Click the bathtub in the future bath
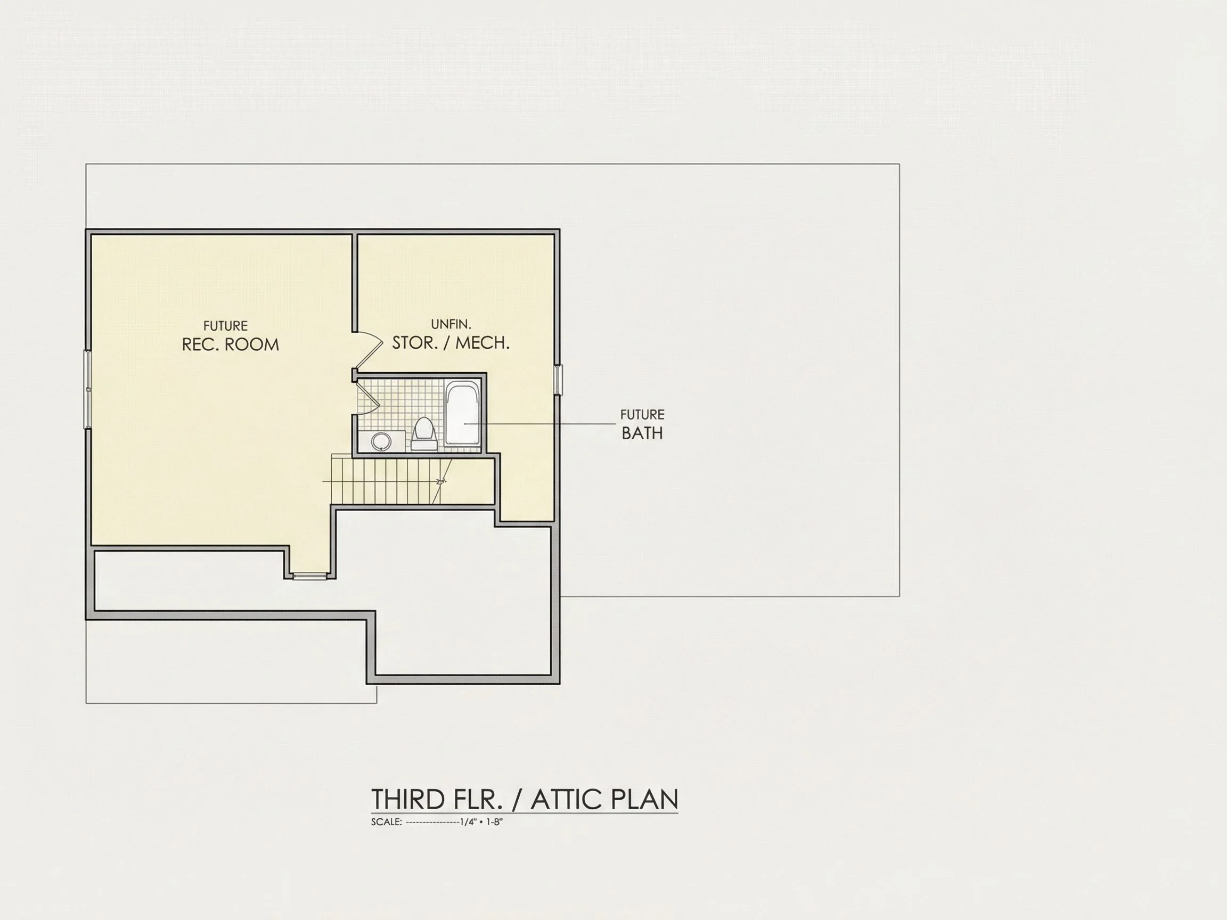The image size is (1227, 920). tap(462, 413)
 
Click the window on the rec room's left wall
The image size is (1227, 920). tap(87, 389)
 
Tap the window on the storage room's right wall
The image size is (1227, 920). tap(559, 380)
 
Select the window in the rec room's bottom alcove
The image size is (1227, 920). tap(310, 577)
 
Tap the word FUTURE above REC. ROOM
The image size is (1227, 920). tap(225, 326)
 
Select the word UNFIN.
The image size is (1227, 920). tap(451, 324)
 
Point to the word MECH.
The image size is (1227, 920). tap(482, 343)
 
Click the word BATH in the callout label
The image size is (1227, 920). tap(642, 434)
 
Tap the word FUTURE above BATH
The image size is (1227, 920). tap(642, 415)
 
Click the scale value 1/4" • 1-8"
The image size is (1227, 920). tap(481, 822)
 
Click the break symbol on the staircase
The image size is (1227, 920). tap(441, 481)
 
